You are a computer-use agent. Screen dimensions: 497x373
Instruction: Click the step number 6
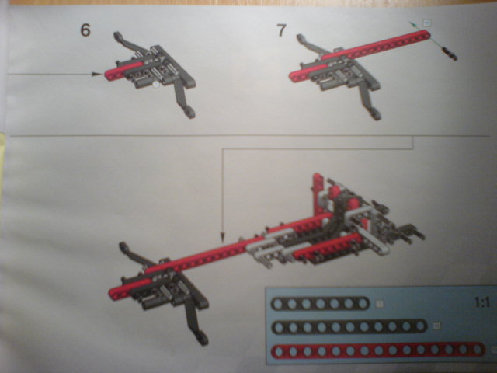coord(85,30)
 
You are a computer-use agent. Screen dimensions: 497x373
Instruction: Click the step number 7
coord(281,30)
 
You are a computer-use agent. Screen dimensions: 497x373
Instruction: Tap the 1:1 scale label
coord(482,302)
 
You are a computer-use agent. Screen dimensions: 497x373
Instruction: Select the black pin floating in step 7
coord(450,54)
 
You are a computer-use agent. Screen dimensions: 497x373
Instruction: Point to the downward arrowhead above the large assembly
coord(223,238)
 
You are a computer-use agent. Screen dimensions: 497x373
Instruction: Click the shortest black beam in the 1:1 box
coord(320,304)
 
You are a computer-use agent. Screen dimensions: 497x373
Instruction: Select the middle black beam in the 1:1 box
coord(349,326)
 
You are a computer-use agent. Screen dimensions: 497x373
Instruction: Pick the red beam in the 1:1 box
coord(378,350)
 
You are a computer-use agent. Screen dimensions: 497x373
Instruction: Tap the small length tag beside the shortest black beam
coord(379,304)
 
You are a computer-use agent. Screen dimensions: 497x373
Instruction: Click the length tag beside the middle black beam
coord(436,326)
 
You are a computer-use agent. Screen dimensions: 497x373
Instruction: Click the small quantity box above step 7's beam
coord(427,23)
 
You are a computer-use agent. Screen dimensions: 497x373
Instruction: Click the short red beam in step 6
coord(123,71)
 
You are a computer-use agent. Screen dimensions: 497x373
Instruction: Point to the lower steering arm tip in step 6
coord(190,113)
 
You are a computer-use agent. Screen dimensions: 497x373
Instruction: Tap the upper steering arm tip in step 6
coord(117,35)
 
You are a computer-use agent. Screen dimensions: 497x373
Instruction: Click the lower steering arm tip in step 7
coord(375,114)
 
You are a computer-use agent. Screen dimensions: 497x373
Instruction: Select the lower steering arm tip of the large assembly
coord(203,338)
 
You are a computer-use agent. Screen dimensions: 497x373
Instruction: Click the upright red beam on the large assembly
coord(318,193)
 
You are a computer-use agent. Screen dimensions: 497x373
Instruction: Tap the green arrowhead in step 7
coord(412,23)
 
